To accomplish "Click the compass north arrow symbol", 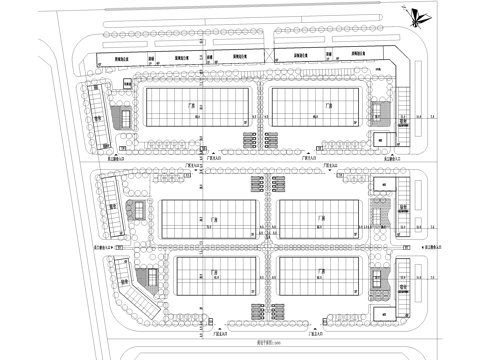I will point(414,14).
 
